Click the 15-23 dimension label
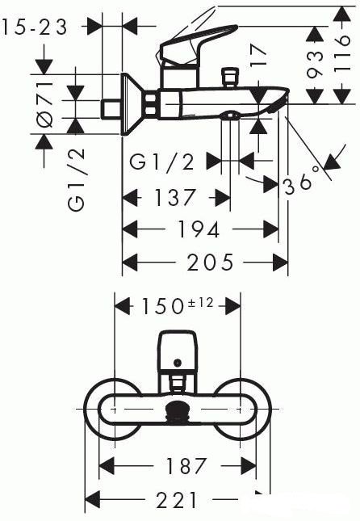[x=35, y=27]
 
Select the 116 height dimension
[x=342, y=53]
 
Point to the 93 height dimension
[x=315, y=64]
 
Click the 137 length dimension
[x=174, y=197]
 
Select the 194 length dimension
[x=199, y=229]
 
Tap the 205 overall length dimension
[x=211, y=263]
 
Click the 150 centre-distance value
[x=163, y=306]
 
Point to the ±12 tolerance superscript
[x=200, y=303]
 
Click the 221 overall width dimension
[x=176, y=499]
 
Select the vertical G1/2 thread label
[x=77, y=180]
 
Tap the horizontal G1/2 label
[x=161, y=162]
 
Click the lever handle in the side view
[x=197, y=42]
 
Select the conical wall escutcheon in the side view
[x=133, y=104]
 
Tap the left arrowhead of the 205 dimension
[x=130, y=263]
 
